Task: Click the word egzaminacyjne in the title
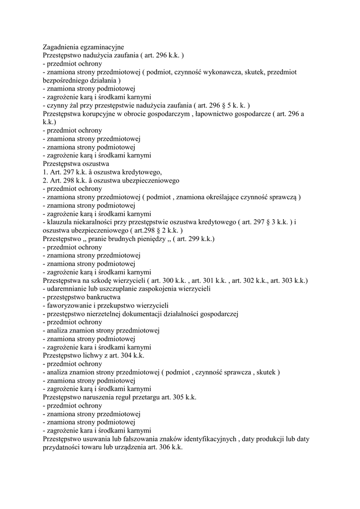click(102, 47)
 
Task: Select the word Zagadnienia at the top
click(62, 47)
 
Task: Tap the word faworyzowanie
click(71, 306)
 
